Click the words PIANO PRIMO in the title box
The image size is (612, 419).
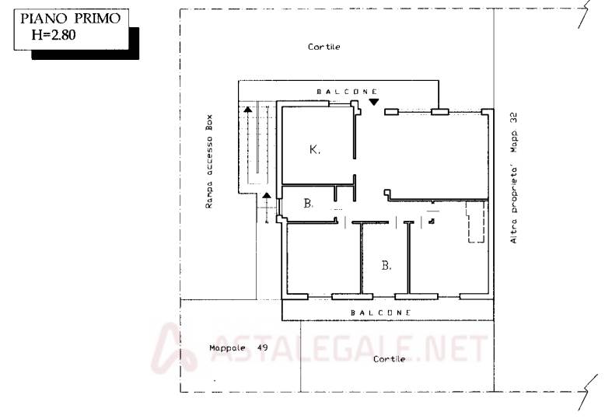coord(71,19)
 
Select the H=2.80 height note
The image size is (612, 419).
coord(54,35)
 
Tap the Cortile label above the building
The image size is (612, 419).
coord(324,47)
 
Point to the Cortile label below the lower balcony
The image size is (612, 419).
coord(389,359)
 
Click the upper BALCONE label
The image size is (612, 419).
coord(347,92)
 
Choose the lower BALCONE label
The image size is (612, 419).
coord(380,313)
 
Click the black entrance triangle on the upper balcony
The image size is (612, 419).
coord(374,102)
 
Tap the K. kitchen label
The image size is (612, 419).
coord(315,149)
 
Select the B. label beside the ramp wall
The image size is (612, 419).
coord(309,203)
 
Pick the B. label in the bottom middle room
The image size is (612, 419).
coord(386,266)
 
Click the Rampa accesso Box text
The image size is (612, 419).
coord(209,161)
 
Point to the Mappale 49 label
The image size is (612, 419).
coord(239,347)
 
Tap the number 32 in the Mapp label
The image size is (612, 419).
coord(514,117)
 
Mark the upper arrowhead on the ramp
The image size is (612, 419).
coord(248,110)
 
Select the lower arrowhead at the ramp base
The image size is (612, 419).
coord(267,195)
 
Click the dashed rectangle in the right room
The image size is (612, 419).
coord(476,222)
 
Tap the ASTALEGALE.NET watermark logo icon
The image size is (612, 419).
coord(173,348)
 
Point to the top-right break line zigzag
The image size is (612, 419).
coord(584,15)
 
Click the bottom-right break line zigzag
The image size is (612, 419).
coord(588,392)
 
